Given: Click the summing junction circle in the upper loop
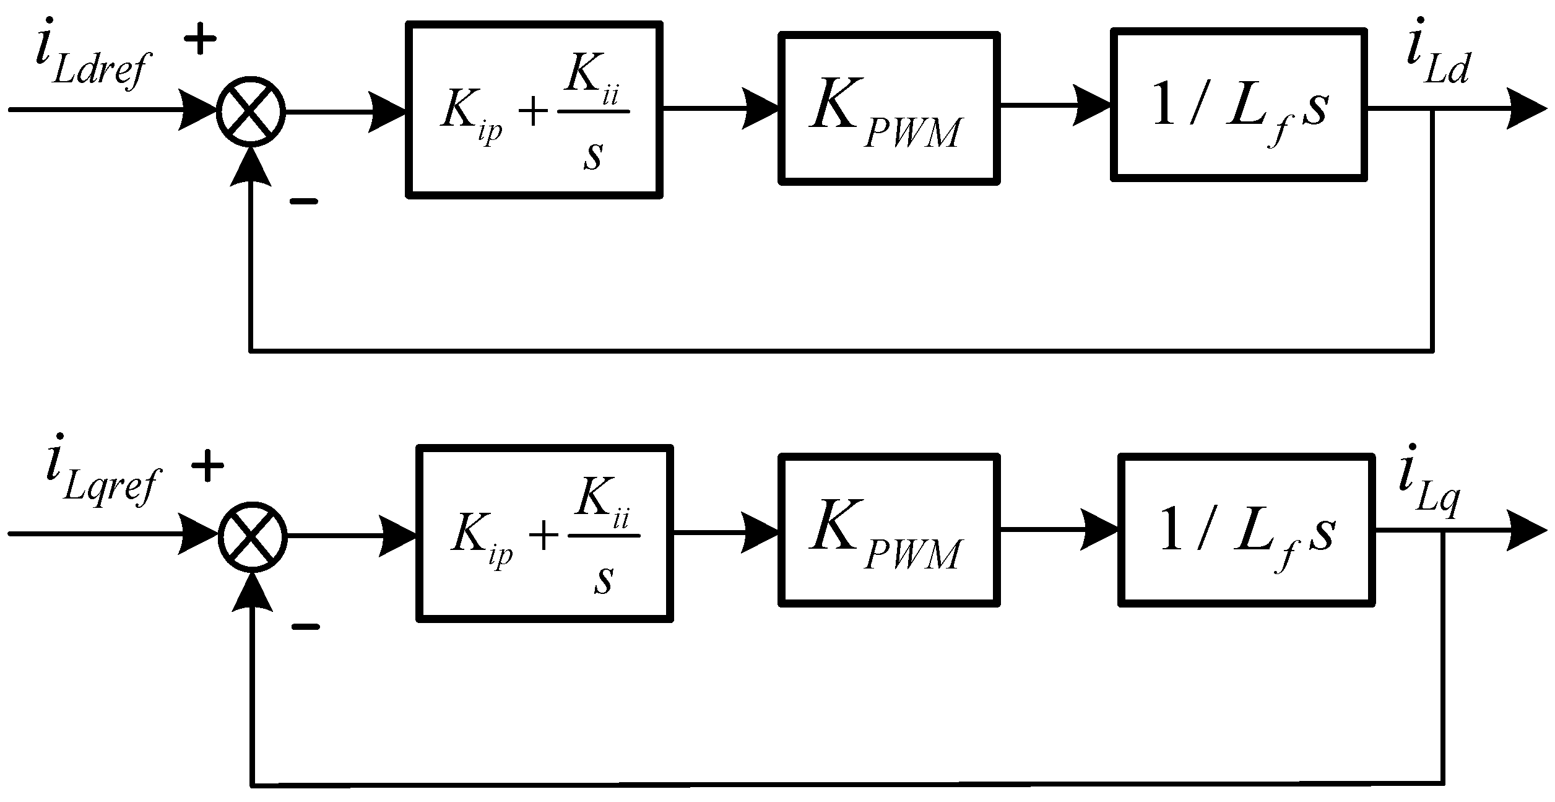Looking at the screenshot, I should tap(251, 112).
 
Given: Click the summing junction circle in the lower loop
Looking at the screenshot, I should tap(253, 536).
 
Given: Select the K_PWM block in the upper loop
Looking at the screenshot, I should tap(888, 108).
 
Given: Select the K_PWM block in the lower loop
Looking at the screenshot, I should tap(888, 530).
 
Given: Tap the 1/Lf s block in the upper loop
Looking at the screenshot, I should tap(1238, 105).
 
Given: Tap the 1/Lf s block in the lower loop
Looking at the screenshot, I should tap(1245, 530).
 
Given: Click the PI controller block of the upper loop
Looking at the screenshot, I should tap(534, 110).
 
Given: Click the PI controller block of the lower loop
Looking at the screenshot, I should tap(545, 533).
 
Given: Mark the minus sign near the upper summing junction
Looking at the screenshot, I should tap(303, 202).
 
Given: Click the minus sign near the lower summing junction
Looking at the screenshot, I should tap(305, 627).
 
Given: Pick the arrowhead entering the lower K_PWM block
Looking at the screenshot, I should tap(760, 533).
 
